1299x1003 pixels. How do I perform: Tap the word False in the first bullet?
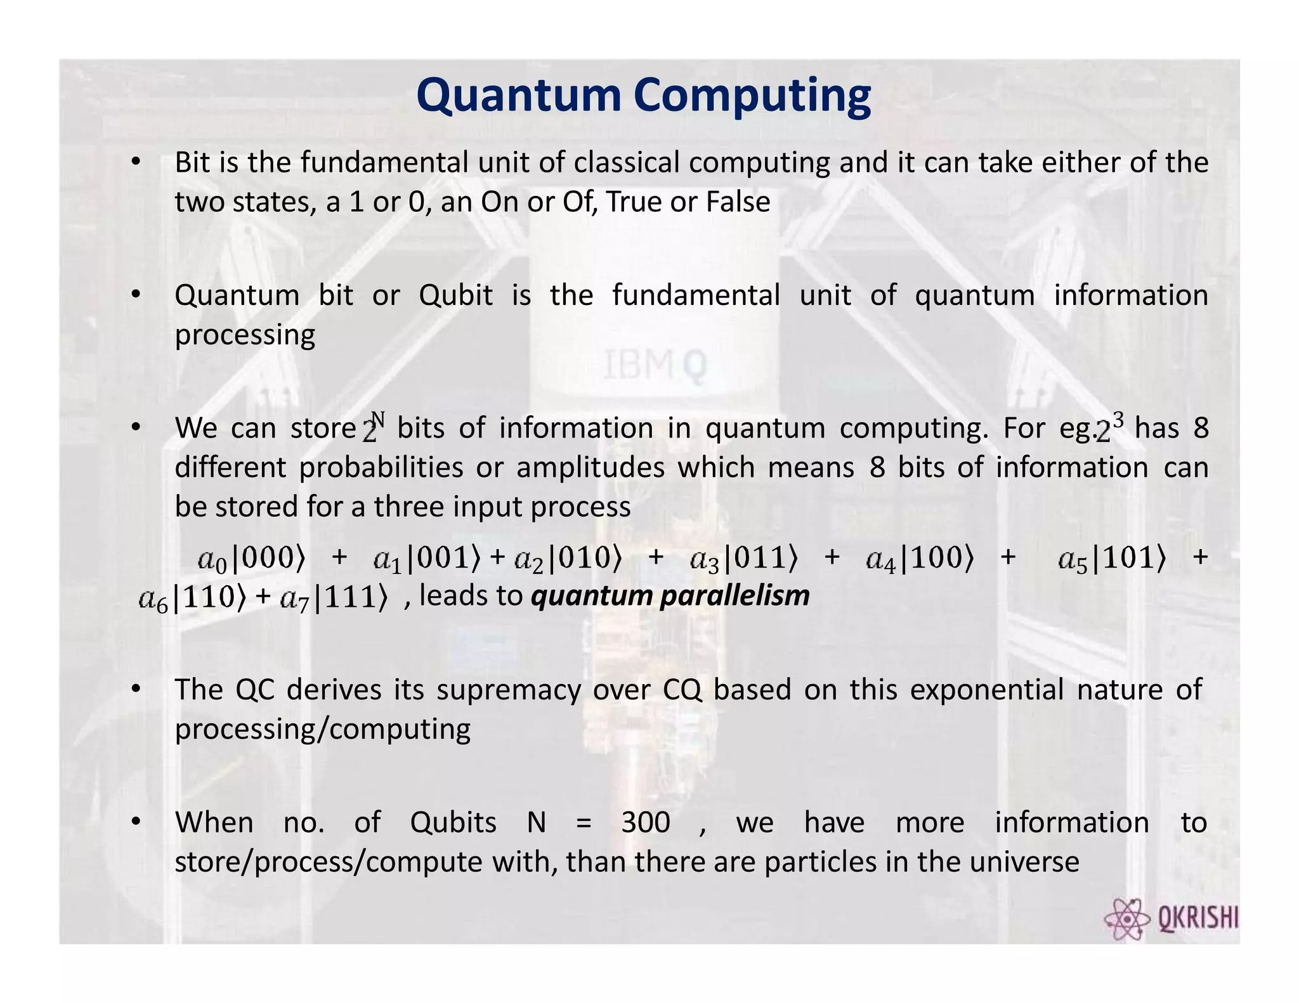coord(738,202)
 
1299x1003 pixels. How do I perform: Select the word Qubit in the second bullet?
coord(455,295)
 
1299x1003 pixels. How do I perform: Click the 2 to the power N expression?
coord(374,427)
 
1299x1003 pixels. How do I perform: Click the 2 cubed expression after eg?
coord(1111,427)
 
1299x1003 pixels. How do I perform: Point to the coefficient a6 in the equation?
coord(153,599)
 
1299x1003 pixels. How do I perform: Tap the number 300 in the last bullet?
coord(646,823)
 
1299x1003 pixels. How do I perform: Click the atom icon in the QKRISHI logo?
coord(1126,919)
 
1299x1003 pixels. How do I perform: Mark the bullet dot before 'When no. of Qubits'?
coord(135,822)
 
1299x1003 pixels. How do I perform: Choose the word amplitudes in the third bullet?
coord(590,468)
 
